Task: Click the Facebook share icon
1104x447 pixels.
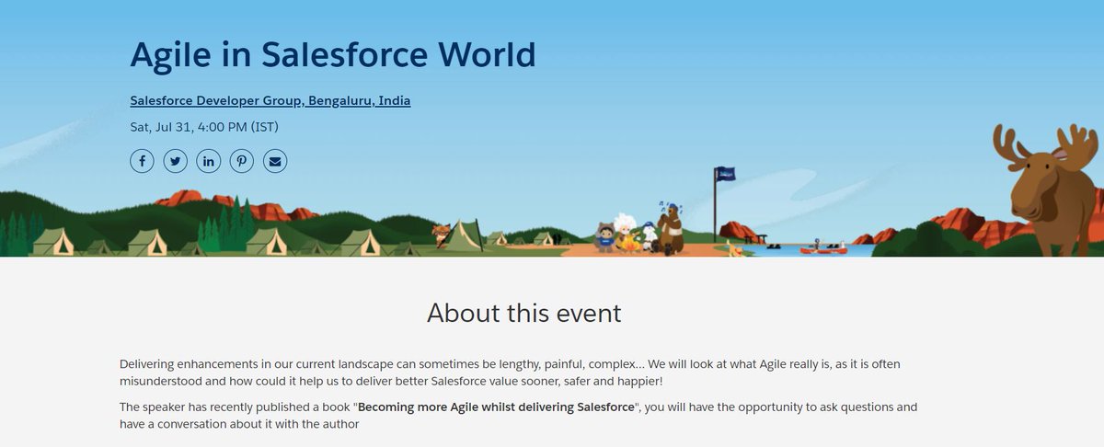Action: (x=142, y=161)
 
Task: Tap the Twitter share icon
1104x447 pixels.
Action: (x=175, y=161)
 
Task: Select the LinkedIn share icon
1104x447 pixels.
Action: (x=209, y=161)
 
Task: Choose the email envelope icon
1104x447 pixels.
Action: (x=275, y=161)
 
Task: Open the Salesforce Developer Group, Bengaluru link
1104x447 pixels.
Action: (x=270, y=100)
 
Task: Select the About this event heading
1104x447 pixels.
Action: (x=523, y=313)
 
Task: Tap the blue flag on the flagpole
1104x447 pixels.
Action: (x=726, y=174)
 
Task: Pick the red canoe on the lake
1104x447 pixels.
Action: (x=822, y=249)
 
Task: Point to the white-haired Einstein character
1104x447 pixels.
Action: (x=626, y=230)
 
